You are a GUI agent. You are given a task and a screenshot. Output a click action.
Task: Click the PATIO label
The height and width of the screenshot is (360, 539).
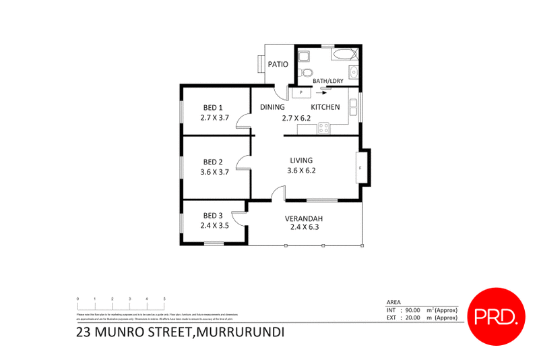pos(278,65)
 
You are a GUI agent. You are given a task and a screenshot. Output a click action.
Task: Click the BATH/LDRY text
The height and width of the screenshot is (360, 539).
pos(329,82)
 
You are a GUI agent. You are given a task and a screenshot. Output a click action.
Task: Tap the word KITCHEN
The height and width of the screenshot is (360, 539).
pos(325,107)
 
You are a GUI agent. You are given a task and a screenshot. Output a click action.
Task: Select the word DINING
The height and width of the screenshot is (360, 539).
pos(273,107)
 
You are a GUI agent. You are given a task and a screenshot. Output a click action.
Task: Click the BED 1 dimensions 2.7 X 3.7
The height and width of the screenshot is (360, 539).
pos(215,117)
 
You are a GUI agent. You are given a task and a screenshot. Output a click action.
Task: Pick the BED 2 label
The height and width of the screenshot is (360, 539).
pos(213,162)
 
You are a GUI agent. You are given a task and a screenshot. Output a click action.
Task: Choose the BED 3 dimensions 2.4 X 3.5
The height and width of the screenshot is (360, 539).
pos(214,226)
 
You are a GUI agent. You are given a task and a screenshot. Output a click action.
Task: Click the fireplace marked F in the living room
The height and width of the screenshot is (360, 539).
pos(360,167)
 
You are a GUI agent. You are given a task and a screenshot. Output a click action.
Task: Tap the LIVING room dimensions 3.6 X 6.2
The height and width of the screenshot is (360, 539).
pos(301,171)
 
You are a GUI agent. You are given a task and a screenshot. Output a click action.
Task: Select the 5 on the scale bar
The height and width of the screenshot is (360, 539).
pos(164,299)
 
